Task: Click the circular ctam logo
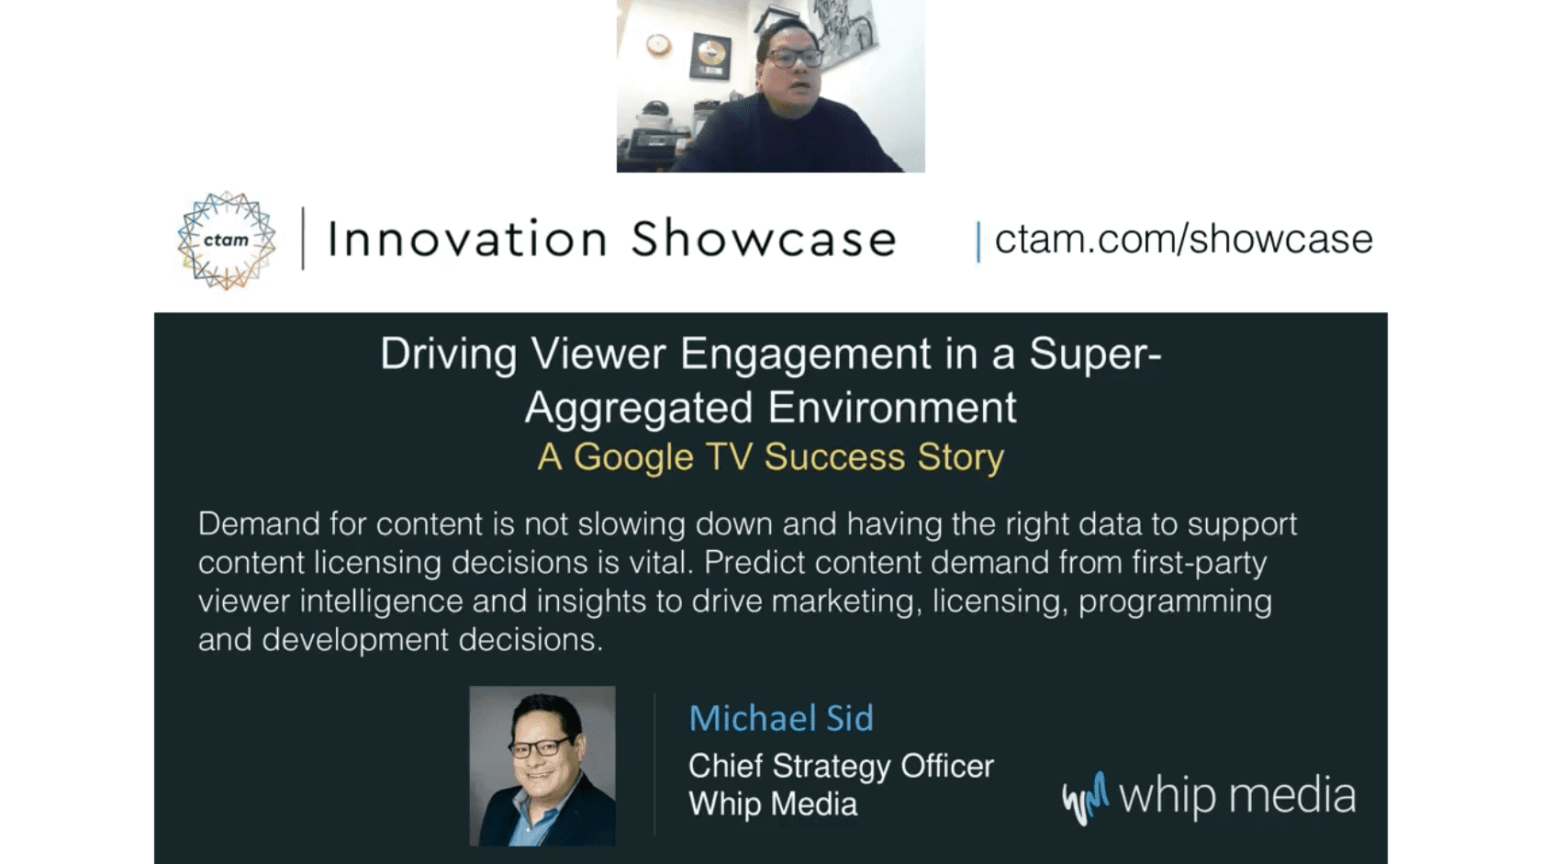pos(227,241)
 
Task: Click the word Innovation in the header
pos(468,239)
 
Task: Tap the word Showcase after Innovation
pos(764,239)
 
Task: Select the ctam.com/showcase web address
pos(1183,240)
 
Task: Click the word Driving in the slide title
pos(448,354)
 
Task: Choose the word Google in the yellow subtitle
pos(633,458)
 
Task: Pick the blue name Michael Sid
pos(781,718)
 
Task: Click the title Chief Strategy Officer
pos(841,767)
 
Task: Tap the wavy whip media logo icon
pos(1086,798)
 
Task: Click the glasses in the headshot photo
pos(540,747)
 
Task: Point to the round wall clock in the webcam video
pos(658,45)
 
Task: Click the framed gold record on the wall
pos(710,55)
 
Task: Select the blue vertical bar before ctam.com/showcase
pos(978,241)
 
